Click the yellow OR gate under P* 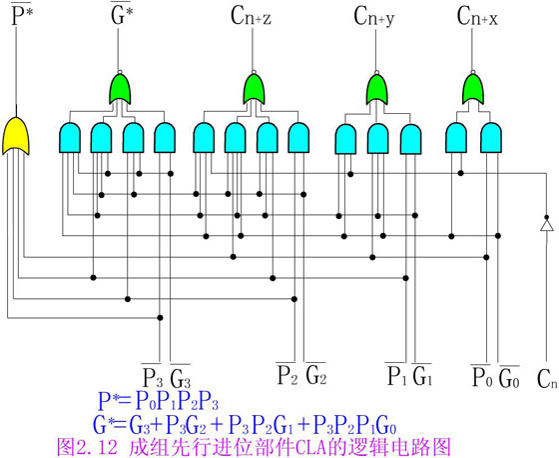click(x=16, y=136)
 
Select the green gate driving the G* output click(x=120, y=89)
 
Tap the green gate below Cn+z click(x=254, y=89)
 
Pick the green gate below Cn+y click(x=377, y=89)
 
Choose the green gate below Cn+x click(x=473, y=89)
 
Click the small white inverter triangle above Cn click(x=546, y=225)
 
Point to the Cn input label click(x=547, y=379)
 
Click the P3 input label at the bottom click(x=152, y=377)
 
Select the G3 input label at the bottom click(x=180, y=377)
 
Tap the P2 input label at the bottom click(x=287, y=374)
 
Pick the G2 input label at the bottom click(x=315, y=374)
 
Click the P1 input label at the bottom click(x=397, y=375)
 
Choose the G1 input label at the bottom click(x=422, y=375)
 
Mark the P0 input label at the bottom click(x=482, y=377)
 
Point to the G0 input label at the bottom click(x=509, y=377)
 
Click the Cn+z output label click(x=251, y=16)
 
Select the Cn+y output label click(x=374, y=16)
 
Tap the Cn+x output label click(x=477, y=16)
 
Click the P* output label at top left click(x=22, y=15)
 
